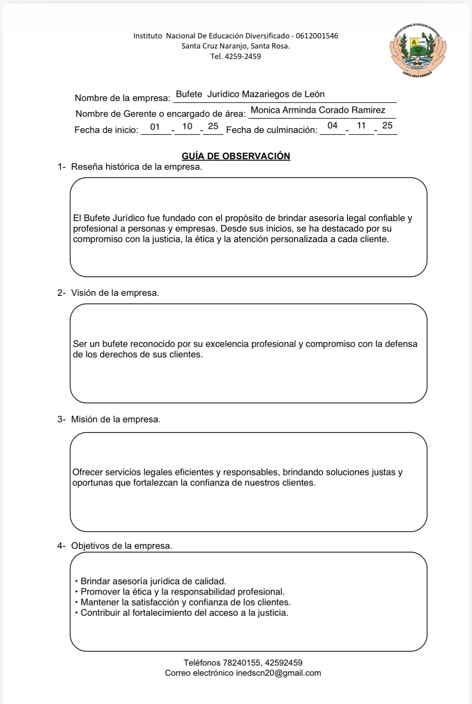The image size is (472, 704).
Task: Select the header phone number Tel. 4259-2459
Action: [236, 57]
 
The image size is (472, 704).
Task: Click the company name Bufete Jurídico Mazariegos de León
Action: [250, 95]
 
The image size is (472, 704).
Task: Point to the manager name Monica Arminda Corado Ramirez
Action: [318, 110]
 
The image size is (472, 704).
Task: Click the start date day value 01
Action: [155, 127]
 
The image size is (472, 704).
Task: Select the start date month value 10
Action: [187, 126]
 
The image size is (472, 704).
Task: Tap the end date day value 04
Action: [333, 126]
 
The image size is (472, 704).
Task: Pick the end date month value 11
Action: [361, 126]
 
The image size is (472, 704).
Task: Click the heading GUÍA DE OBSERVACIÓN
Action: [236, 156]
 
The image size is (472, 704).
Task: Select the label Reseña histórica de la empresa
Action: [136, 167]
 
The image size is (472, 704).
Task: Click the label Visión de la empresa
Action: [115, 293]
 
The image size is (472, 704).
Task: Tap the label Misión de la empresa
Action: [116, 419]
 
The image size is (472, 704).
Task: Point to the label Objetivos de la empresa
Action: [121, 546]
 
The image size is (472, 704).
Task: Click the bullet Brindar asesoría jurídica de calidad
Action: [153, 582]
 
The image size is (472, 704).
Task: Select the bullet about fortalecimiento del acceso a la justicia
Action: [184, 613]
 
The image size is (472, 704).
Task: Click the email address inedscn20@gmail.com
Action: [278, 673]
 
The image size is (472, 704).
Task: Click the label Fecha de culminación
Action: [272, 130]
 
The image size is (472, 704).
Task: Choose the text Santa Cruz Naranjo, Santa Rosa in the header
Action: [236, 46]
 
